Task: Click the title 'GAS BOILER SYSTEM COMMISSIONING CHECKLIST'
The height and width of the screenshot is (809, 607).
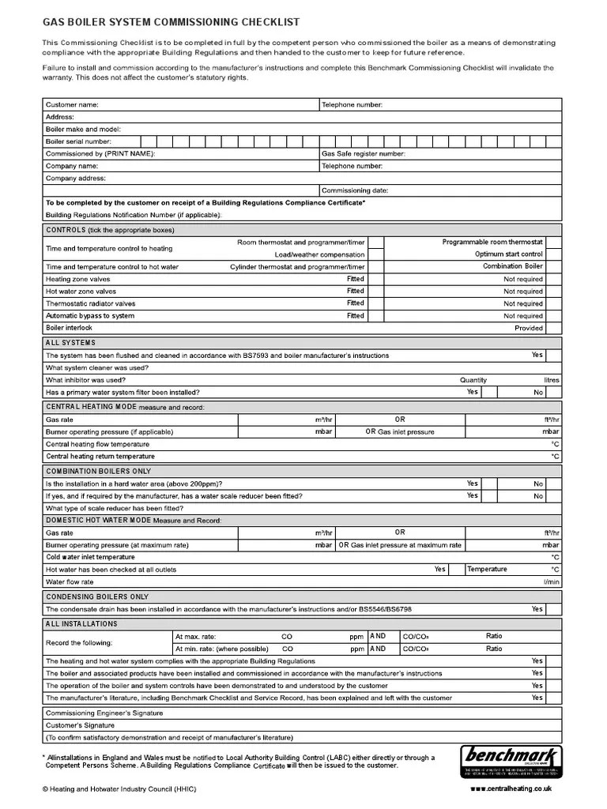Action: (171, 23)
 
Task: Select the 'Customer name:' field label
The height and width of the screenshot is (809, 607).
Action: (72, 104)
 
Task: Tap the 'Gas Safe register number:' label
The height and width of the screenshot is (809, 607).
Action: (363, 154)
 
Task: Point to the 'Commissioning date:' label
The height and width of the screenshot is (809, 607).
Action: (355, 190)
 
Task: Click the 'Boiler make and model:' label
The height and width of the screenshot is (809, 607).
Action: (84, 129)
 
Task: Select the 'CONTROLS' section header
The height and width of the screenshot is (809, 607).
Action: (66, 230)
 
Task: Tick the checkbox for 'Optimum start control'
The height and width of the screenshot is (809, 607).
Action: (553, 254)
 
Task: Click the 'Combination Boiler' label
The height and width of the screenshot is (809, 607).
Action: (513, 266)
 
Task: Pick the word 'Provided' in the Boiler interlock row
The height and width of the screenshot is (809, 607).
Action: (529, 328)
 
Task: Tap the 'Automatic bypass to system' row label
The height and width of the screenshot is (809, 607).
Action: (90, 316)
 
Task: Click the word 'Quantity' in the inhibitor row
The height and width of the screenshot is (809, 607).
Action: (473, 380)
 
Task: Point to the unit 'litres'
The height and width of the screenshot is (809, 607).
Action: (551, 380)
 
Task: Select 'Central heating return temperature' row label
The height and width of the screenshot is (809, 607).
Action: (100, 457)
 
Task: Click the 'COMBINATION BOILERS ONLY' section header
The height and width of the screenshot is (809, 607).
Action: (98, 470)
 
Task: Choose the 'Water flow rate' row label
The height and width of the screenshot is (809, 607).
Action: (70, 582)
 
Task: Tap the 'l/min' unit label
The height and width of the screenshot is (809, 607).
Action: (551, 582)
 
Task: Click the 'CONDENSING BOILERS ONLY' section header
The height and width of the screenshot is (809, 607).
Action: (97, 596)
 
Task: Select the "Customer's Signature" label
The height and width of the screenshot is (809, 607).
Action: (80, 725)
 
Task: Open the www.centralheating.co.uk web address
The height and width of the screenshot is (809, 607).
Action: (511, 789)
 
